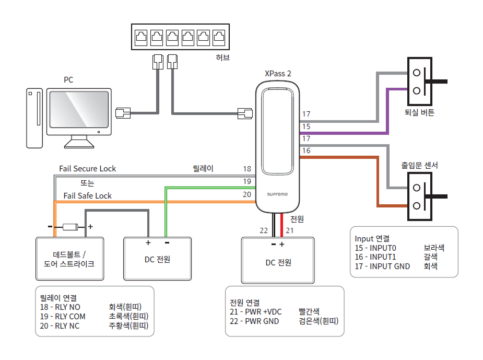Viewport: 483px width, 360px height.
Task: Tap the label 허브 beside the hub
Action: point(222,57)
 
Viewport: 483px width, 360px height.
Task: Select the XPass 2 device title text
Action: point(278,74)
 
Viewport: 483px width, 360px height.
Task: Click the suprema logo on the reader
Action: point(277,194)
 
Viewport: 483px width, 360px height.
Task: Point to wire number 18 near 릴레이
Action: point(247,169)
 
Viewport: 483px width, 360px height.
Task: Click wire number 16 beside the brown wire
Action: point(307,150)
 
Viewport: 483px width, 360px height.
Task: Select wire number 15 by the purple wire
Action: point(307,126)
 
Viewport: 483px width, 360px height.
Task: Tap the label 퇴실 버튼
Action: point(419,112)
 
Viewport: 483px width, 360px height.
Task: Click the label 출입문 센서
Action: point(419,165)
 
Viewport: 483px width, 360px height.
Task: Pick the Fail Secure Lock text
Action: point(88,169)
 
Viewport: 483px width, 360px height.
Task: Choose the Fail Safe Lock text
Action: point(88,196)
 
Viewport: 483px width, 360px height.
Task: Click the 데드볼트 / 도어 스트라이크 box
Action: point(69,259)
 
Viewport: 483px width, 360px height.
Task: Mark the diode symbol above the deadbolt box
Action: point(70,227)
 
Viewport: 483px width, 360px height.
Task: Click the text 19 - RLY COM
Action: point(62,316)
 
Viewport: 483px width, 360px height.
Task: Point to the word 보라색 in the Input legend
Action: point(434,248)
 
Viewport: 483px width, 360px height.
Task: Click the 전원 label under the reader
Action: point(297,219)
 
